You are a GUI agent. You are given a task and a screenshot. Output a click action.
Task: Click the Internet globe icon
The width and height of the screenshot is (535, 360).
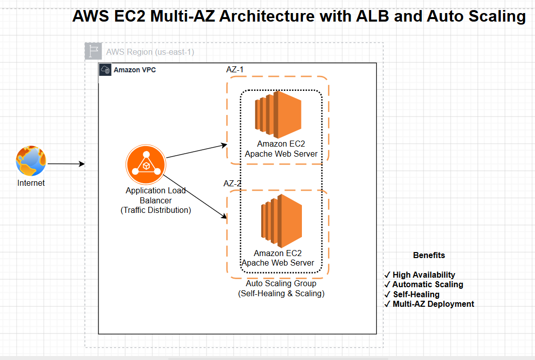click(31, 161)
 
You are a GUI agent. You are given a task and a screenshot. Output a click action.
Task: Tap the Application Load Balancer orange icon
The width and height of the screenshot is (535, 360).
click(146, 165)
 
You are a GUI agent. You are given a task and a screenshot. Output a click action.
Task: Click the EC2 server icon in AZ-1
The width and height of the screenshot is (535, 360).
click(278, 114)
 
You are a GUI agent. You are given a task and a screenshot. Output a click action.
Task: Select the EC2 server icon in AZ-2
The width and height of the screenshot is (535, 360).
click(281, 221)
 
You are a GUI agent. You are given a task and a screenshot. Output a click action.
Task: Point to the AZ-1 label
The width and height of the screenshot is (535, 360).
click(235, 70)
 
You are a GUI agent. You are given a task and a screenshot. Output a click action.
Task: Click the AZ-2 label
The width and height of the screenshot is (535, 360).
click(233, 183)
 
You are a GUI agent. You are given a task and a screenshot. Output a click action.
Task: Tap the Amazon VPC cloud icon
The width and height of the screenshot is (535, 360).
click(105, 70)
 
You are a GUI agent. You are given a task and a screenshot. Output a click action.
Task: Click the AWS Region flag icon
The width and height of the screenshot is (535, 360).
click(93, 51)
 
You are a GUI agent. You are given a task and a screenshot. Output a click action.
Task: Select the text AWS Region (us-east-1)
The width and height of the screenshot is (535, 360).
click(150, 52)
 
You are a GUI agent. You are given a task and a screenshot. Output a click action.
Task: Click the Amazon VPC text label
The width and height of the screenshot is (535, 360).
click(135, 70)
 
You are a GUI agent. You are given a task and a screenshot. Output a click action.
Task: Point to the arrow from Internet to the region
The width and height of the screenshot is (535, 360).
click(66, 164)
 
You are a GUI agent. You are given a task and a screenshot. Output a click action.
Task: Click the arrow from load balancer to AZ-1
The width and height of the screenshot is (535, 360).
click(196, 151)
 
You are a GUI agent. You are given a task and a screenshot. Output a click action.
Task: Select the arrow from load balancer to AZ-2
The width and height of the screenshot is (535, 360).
click(195, 196)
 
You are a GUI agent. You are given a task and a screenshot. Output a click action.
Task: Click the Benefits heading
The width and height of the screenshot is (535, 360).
click(429, 256)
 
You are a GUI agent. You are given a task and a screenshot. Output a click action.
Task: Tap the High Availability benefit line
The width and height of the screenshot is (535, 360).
click(419, 275)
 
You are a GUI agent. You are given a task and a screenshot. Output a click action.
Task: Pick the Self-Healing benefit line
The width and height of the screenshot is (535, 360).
click(412, 294)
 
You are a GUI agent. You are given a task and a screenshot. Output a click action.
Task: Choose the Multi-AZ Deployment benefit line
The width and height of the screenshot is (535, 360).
click(429, 304)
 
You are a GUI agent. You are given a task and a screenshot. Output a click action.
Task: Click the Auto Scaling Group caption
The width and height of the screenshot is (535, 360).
click(281, 288)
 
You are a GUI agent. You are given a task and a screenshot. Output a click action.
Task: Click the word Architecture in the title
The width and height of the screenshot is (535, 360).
click(267, 16)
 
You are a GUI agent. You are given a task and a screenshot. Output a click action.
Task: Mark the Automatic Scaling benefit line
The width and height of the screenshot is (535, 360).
click(424, 284)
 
